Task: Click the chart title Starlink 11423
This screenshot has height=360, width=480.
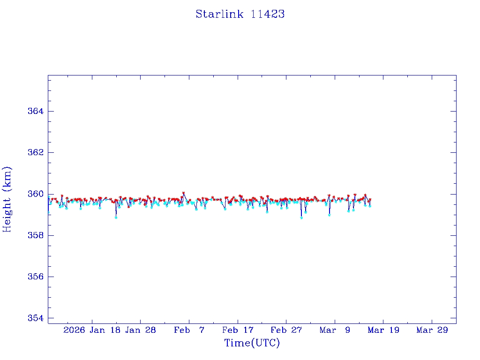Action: (x=240, y=14)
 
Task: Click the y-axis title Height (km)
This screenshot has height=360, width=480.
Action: (x=7, y=199)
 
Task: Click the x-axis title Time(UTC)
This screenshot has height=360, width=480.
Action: (x=252, y=343)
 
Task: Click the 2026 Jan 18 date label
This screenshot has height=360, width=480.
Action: (x=91, y=330)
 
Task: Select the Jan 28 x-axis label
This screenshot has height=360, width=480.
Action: (x=141, y=330)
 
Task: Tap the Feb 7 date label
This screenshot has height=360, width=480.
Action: (x=189, y=330)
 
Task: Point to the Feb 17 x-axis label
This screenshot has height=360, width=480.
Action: (x=238, y=330)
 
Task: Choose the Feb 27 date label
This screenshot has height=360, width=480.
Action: (x=286, y=330)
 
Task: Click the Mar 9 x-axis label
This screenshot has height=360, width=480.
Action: (x=335, y=330)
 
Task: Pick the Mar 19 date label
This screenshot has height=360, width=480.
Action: (x=383, y=330)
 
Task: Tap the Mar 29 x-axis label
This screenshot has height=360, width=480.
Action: (x=432, y=330)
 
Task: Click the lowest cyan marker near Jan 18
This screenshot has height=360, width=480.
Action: (x=116, y=217)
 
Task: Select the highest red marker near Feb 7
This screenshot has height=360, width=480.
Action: (x=183, y=193)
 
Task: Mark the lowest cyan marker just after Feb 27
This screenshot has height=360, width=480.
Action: (x=301, y=218)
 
